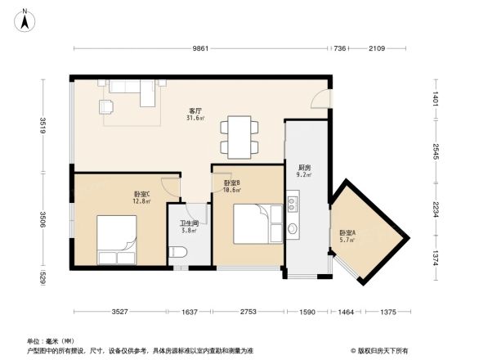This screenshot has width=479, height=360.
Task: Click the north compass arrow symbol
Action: pos(25,17)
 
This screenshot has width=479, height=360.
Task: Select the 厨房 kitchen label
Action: pos(303,165)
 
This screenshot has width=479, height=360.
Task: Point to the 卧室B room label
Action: pos(231,182)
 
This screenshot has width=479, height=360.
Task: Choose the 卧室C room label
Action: pos(141,194)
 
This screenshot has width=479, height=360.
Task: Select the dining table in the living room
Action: pos(239,137)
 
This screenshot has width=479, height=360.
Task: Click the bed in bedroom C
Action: pos(117,239)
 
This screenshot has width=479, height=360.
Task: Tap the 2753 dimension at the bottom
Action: pos(248,312)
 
